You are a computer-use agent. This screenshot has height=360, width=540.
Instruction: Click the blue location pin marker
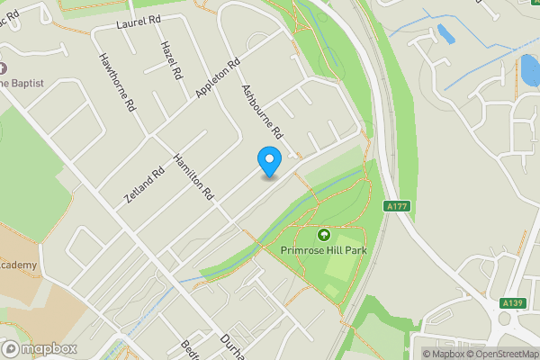point(269,160)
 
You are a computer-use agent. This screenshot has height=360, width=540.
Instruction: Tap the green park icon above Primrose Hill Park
point(324,235)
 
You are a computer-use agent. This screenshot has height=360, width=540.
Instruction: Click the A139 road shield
point(514,302)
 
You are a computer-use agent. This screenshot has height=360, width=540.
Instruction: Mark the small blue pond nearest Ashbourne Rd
point(445,34)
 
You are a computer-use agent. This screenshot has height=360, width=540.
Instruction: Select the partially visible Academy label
point(18,265)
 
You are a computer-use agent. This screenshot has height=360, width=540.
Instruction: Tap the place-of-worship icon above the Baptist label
point(3,68)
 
